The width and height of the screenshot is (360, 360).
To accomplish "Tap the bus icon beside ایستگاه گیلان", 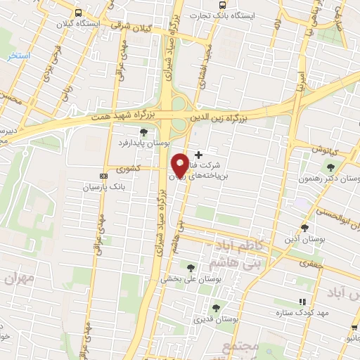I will (x=77, y=13).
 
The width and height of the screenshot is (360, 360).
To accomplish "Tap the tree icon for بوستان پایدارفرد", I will (x=143, y=131).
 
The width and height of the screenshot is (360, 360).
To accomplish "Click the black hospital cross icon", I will (x=198, y=154).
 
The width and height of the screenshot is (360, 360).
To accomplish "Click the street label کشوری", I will (x=131, y=169).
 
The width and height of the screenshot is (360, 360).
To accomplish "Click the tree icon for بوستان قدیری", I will (x=215, y=307).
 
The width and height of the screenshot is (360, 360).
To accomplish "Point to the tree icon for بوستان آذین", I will (x=304, y=227).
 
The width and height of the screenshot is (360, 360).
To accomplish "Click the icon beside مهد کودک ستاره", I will (x=302, y=302).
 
